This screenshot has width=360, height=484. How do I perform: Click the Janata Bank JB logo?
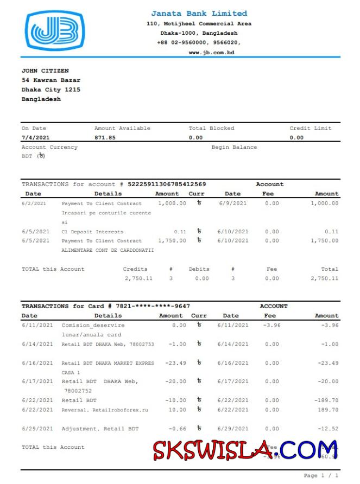[54, 31]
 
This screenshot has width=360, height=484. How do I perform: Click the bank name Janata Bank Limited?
[199, 14]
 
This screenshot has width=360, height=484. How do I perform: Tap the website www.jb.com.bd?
[211, 52]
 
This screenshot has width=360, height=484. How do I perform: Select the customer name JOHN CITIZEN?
[45, 71]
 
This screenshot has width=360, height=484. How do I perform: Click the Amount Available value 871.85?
[105, 138]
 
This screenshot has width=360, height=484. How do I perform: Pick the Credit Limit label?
[310, 128]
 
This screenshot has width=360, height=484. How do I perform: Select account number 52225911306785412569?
[167, 184]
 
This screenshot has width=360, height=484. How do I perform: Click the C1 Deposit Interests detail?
[92, 232]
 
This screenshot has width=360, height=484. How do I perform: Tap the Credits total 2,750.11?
[138, 278]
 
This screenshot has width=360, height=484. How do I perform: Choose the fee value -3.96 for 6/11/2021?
[271, 325]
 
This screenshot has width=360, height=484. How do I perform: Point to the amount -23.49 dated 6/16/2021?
[175, 363]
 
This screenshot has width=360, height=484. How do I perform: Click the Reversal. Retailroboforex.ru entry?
[105, 410]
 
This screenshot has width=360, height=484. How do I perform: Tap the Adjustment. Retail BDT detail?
[100, 429]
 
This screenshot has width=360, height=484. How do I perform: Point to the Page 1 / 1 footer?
[321, 475]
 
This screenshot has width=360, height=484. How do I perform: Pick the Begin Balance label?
[234, 147]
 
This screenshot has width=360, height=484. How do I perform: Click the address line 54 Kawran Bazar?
[51, 80]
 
